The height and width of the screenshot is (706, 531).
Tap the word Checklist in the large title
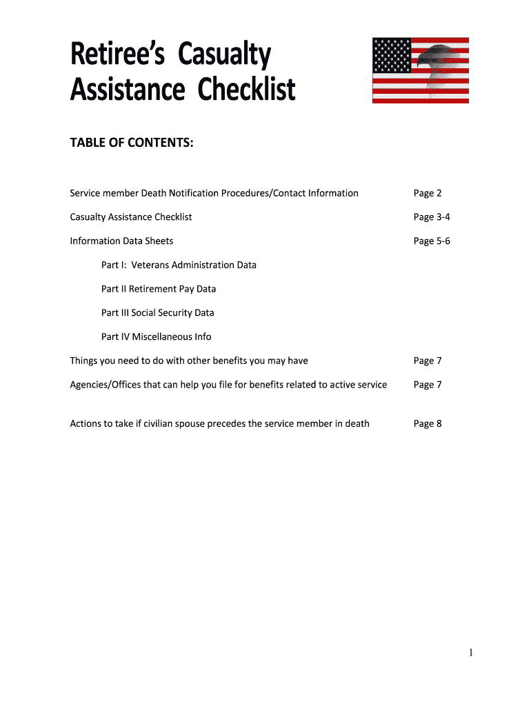click(246, 90)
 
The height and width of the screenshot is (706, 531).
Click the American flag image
click(420, 70)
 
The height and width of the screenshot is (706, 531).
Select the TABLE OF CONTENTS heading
click(131, 143)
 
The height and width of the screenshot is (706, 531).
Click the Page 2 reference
click(428, 193)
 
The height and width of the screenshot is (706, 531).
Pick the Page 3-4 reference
click(432, 217)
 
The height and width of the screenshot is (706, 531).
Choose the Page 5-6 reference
click(432, 241)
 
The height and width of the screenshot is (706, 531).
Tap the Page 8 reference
click(428, 423)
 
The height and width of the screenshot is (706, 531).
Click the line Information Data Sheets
click(121, 241)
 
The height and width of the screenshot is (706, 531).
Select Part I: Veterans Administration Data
click(179, 265)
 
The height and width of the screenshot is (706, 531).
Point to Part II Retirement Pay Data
click(159, 289)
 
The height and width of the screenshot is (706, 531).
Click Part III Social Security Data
click(158, 313)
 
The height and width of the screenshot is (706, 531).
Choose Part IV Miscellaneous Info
click(157, 337)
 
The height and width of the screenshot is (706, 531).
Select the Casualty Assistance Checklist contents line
click(131, 217)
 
